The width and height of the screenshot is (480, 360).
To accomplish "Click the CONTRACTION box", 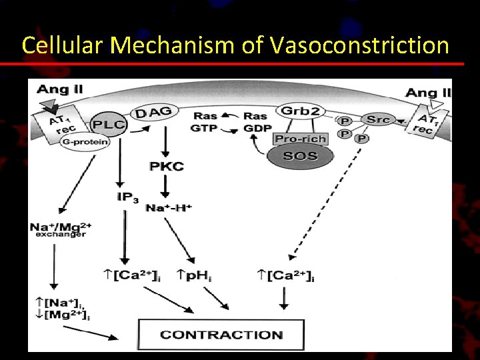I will point(221,335).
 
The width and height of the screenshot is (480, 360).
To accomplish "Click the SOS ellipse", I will point(301,157).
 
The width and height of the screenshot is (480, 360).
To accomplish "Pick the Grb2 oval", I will point(300,111).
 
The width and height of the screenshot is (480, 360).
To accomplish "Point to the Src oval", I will point(378,120).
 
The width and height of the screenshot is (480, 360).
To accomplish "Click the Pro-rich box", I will point(301,138).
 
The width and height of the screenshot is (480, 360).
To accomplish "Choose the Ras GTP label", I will point(204,121).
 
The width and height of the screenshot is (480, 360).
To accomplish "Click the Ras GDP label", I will point(257,121).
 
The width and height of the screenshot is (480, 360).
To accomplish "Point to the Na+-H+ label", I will point(169,208).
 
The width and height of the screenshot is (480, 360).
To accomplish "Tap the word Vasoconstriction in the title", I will point(360,45).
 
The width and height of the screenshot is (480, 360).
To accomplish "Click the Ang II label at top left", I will point(60,89).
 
